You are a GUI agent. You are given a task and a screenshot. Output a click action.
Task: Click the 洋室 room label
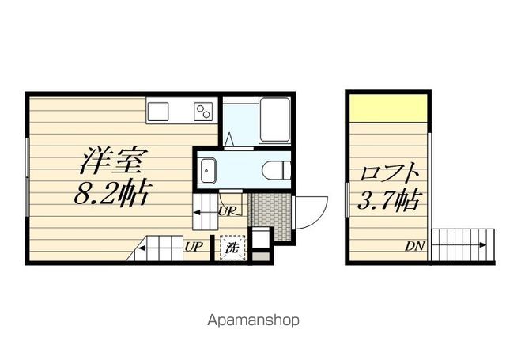coord(111,162)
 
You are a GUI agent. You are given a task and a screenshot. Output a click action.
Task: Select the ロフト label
coord(388,173)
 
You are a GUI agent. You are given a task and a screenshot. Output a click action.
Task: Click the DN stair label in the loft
coord(415,247)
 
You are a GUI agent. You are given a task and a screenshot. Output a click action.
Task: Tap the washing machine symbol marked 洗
coord(233,248)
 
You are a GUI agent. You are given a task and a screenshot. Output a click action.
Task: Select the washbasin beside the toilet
coord(210,169)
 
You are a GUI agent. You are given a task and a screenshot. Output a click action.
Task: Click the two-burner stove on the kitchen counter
coord(204,112)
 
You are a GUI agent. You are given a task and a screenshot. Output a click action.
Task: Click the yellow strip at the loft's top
coord(389,108)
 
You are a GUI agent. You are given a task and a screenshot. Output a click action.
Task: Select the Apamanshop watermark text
coord(253,321)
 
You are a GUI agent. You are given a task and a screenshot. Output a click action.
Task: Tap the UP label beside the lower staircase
coord(194,246)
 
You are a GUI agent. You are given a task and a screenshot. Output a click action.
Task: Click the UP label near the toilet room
coord(226,210)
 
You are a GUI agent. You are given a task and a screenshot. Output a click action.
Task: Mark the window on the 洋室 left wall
coord(26,176)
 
